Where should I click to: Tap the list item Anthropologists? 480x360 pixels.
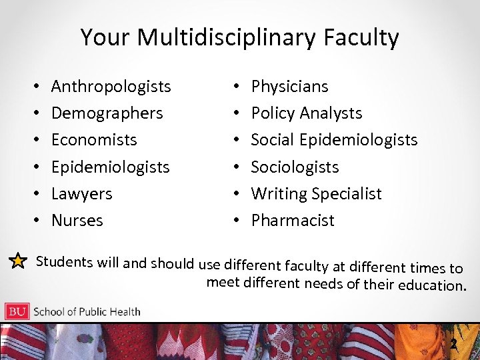coord(111,87)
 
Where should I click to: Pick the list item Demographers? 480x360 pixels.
coord(107,113)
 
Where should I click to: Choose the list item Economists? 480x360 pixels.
coord(94,140)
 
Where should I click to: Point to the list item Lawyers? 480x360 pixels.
coord(81,194)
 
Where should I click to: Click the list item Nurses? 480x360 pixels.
coord(77,221)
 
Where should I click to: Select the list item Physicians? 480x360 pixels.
coord(289,87)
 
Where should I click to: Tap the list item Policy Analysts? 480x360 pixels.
coord(306,113)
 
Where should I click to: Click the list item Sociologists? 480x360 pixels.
coord(295,167)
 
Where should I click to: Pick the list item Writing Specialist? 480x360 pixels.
coord(316,194)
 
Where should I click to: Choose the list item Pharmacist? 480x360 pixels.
coord(292,221)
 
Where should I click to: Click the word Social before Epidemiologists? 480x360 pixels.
coord(273,140)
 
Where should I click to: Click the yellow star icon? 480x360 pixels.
coord(18,261)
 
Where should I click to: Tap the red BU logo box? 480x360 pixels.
coord(17,311)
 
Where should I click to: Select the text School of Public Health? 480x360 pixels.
coord(87,311)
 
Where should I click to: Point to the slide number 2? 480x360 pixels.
coord(453,344)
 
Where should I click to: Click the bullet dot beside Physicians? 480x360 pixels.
coord(237,87)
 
